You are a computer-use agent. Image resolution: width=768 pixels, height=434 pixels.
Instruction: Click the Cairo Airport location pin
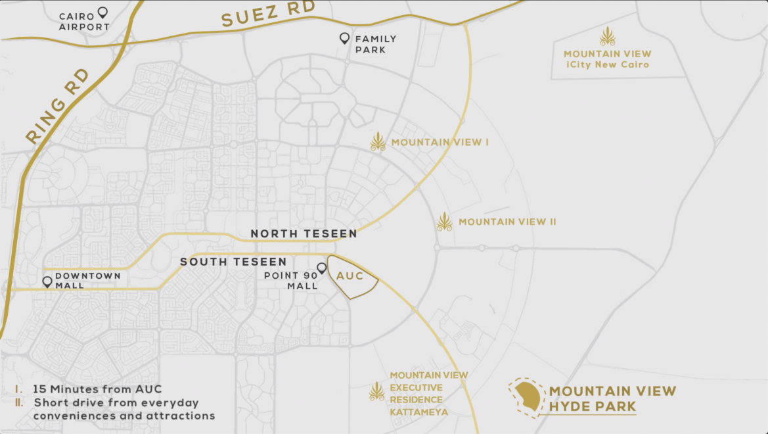tap(102, 12)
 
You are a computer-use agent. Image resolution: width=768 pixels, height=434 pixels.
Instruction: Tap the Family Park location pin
tap(344, 39)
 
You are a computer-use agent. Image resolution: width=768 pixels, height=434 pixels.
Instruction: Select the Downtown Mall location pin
tap(47, 282)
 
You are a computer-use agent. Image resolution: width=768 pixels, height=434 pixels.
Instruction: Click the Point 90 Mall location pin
tap(322, 268)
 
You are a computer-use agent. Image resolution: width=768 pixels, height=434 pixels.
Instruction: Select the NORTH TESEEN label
tap(304, 233)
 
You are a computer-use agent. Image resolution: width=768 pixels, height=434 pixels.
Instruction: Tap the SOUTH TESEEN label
tap(233, 262)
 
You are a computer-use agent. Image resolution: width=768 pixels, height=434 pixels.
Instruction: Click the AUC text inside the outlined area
tap(350, 276)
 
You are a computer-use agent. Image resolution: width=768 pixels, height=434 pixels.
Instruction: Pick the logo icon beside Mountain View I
tap(378, 142)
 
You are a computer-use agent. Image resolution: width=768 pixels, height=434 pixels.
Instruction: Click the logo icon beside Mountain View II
tap(445, 222)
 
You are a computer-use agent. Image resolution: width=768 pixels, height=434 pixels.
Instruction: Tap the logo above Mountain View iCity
tap(608, 37)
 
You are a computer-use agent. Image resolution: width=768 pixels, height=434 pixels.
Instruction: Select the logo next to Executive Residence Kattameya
tap(376, 392)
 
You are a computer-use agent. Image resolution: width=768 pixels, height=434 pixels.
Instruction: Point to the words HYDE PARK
tap(593, 407)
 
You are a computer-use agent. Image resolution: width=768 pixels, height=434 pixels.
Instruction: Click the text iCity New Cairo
tap(608, 64)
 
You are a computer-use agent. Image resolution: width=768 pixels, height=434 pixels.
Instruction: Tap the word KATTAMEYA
tap(419, 412)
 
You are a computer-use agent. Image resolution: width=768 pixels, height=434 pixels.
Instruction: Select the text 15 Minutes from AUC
tap(97, 389)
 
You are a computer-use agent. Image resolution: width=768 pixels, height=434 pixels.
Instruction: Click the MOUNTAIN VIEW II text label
tap(507, 222)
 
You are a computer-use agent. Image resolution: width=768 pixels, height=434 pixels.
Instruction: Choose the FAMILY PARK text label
tap(376, 44)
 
